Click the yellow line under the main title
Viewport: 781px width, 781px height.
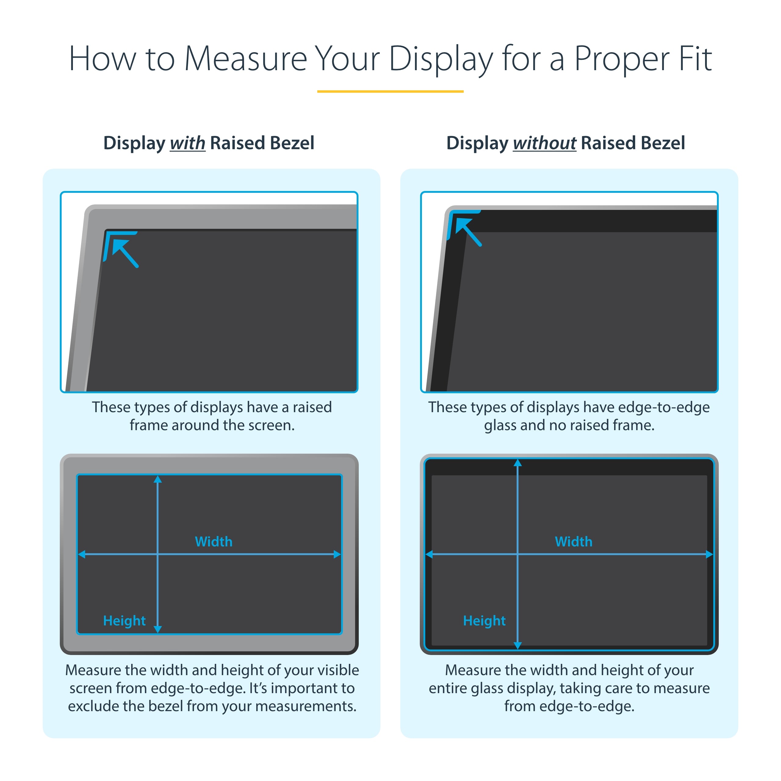tap(390, 91)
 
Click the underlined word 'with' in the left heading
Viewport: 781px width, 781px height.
tap(188, 143)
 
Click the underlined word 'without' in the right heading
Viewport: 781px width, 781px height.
tap(544, 143)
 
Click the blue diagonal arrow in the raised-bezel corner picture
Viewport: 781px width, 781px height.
tap(126, 253)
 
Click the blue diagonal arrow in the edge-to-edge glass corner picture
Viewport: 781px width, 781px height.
tap(469, 232)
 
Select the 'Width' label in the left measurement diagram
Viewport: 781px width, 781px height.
tap(214, 542)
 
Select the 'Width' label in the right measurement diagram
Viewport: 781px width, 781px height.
tap(573, 542)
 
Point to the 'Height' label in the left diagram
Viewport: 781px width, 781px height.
tap(124, 621)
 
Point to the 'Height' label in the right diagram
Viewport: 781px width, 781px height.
tap(484, 621)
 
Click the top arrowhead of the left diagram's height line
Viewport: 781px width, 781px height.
tap(158, 480)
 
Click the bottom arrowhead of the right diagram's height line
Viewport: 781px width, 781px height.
tap(517, 645)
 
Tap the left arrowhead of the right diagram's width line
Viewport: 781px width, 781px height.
tap(429, 555)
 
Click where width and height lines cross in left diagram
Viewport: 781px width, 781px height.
tap(158, 555)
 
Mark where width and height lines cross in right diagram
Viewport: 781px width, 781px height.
tap(517, 555)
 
